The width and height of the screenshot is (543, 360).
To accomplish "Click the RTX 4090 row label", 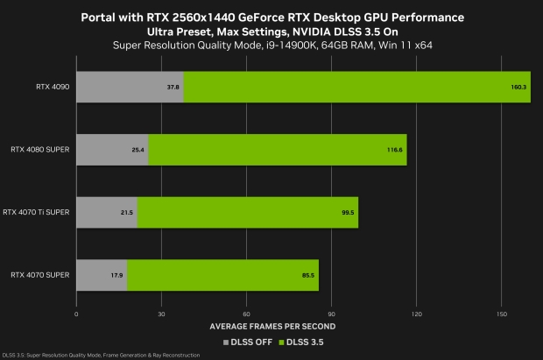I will coord(54,88).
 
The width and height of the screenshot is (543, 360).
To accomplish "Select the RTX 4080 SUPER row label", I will coord(43,150).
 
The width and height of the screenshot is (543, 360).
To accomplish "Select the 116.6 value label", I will coord(396,150).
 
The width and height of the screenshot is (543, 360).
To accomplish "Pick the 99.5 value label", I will coord(348,212).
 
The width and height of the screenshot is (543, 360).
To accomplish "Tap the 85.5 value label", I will coord(308,274).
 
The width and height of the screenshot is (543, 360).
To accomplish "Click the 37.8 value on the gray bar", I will coord(173,88).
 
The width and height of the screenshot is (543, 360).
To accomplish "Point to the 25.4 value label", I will coord(138,150).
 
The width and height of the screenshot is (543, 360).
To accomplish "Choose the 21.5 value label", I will coord(127,212).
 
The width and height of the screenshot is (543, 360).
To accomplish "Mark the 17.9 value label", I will coord(117,274).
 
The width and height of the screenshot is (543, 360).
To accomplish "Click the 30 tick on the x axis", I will coord(161,313).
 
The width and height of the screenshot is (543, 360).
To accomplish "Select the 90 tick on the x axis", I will coord(331,313).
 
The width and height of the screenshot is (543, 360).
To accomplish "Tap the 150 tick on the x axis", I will coord(501,313).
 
